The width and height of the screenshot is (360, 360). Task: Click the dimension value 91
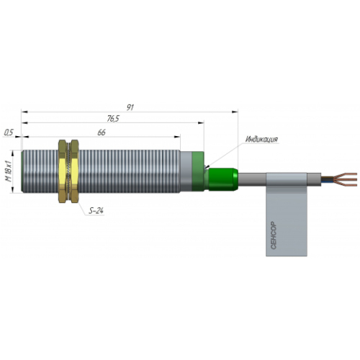[x=130, y=107]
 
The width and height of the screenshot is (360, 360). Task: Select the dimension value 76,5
[x=113, y=118]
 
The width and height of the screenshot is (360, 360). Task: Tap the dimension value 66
[x=102, y=132]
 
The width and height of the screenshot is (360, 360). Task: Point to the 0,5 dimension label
[x=9, y=132]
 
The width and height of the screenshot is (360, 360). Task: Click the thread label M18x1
[x=9, y=171]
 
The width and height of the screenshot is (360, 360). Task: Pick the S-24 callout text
[x=96, y=211]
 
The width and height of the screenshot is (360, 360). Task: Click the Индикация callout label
[x=261, y=139]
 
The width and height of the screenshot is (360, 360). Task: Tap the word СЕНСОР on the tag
[x=274, y=235]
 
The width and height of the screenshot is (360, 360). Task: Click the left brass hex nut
[x=63, y=171]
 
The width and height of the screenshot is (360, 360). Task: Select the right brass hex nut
[x=74, y=171]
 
